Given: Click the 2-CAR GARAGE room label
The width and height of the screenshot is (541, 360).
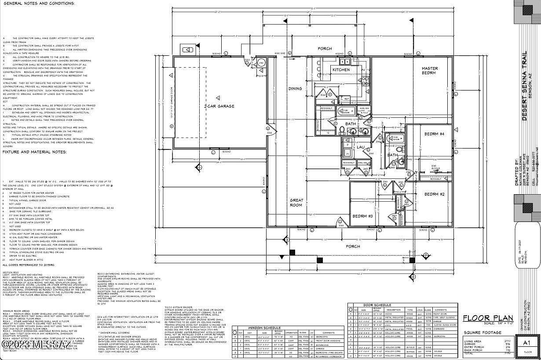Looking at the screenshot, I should tap(219, 106).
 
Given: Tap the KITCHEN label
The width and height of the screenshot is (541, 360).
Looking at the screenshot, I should tap(341, 70).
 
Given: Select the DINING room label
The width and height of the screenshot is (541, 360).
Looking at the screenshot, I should tap(295, 88).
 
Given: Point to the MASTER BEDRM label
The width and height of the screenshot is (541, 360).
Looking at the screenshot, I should tap(429, 70).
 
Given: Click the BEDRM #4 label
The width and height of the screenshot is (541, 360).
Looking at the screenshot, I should tap(434, 134).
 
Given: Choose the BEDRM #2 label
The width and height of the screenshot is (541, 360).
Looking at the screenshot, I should tap(434, 194).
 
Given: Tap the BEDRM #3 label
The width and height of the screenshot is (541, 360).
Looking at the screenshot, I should tap(362, 216).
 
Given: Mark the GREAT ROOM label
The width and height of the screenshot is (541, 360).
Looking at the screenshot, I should tap(296, 203).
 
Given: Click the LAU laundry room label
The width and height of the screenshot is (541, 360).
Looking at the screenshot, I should tap(360, 147).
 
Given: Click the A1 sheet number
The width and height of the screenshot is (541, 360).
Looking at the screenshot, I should tap(527, 343).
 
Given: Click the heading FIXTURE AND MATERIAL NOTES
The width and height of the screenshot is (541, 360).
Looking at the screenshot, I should tap(34, 152).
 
